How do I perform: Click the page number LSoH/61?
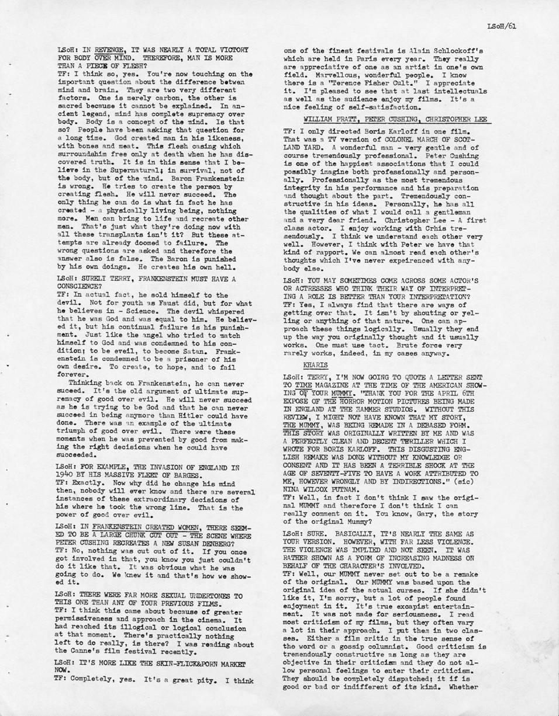(x=502, y=26)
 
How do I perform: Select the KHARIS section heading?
(x=316, y=364)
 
